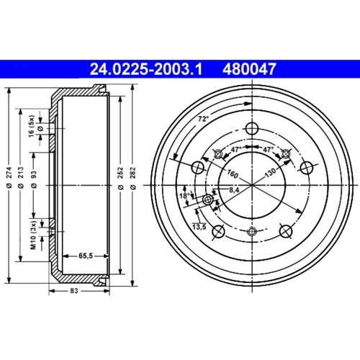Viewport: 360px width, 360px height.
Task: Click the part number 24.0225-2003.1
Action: (146, 69)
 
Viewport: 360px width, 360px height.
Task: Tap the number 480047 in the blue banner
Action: (249, 69)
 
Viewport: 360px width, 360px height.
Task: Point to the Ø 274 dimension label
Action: (9, 177)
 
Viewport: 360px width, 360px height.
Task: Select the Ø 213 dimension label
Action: (21, 177)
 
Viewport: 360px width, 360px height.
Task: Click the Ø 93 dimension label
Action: (34, 179)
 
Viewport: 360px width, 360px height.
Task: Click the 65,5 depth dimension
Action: (86, 256)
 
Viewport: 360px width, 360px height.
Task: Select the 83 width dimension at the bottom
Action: (74, 291)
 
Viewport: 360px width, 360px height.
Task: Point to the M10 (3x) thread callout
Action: (33, 235)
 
